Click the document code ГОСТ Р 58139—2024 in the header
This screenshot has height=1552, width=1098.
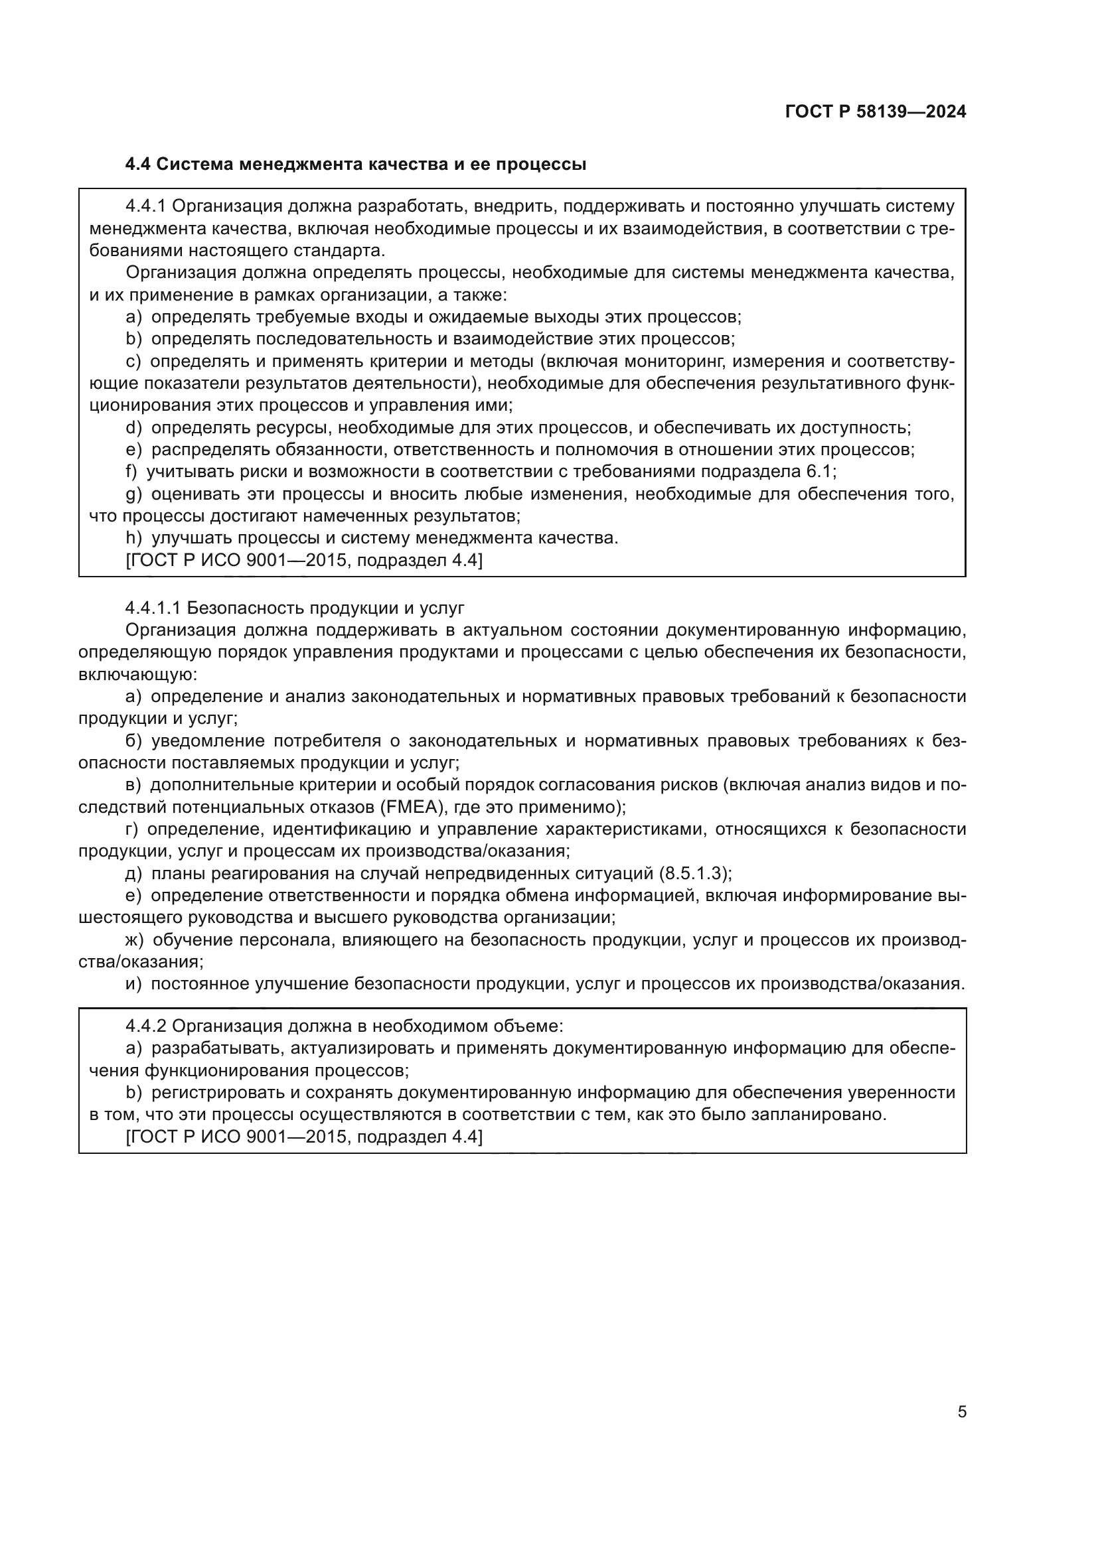(x=876, y=112)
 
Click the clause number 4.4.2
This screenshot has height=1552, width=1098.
(x=147, y=1026)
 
